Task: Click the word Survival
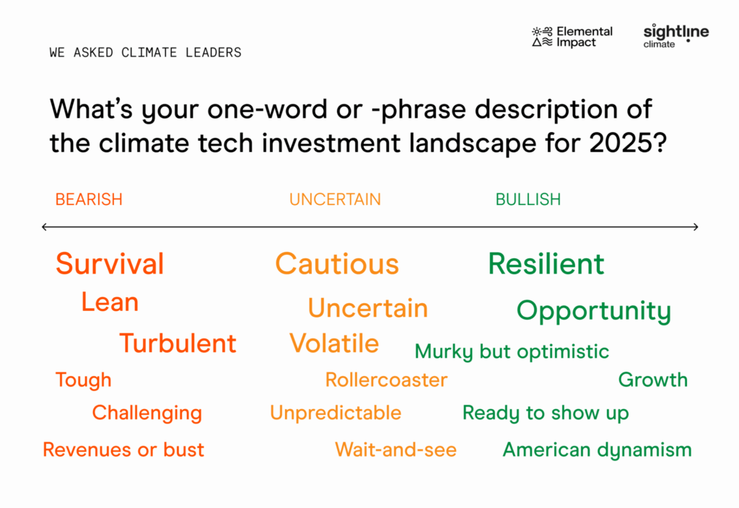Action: (110, 263)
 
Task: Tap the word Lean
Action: (110, 302)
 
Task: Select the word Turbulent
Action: (178, 343)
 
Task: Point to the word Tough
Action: (84, 380)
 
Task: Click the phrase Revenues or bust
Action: (123, 450)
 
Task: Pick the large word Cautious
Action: (337, 264)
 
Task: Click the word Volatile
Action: (334, 343)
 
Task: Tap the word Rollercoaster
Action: (387, 380)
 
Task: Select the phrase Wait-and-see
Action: (396, 450)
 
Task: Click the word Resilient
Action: (546, 264)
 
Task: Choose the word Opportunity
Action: (594, 311)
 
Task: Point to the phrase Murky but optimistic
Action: (512, 352)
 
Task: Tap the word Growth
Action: (653, 380)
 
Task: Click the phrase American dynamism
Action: (597, 450)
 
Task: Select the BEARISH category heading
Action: (89, 199)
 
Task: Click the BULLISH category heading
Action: (528, 199)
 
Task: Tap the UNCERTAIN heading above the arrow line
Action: (335, 199)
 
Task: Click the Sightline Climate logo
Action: (675, 36)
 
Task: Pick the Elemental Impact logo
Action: (572, 37)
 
